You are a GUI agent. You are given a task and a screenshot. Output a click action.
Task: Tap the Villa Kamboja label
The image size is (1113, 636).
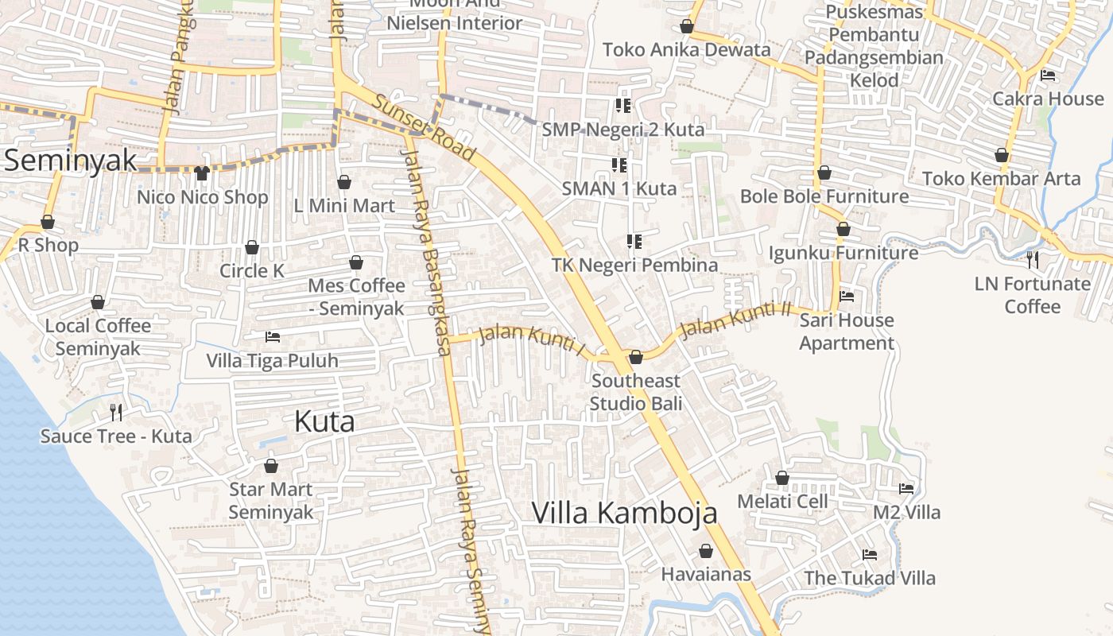point(624,513)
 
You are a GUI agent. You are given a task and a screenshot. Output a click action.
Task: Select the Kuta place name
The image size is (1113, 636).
point(324,421)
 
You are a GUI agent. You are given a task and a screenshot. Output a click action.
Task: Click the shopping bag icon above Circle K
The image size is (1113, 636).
point(252,248)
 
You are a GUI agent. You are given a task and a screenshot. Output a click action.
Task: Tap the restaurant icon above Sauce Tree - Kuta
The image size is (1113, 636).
point(116,412)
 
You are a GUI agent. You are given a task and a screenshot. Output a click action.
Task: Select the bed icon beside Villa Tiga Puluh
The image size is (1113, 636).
point(273,337)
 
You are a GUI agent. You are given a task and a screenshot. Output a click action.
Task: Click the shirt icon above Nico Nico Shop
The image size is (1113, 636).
point(202,173)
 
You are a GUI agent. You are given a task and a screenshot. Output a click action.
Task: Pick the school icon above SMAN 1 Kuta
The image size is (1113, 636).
point(619,165)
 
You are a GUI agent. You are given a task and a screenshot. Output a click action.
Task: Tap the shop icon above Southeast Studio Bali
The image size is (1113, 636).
point(636,358)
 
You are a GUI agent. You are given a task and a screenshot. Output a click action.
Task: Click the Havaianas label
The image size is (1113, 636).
point(706,573)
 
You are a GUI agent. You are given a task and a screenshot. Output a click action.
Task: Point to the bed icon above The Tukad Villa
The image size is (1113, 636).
point(870,554)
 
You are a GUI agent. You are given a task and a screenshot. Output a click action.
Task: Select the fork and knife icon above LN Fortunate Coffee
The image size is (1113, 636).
point(1032,259)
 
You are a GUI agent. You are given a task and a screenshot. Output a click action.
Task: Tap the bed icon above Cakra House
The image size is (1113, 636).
point(1048,76)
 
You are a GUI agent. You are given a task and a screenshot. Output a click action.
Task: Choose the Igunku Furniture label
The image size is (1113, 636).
point(843,253)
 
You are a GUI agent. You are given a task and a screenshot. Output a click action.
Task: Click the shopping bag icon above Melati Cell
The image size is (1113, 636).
point(782,478)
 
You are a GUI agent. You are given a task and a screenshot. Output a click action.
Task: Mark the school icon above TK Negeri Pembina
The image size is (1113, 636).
point(634,241)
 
